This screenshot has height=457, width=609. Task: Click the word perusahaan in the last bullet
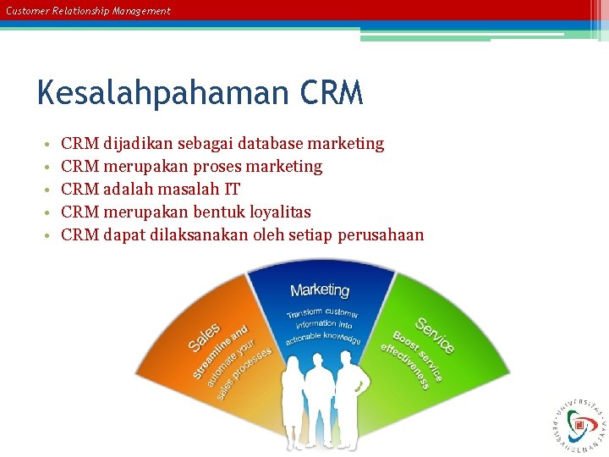pos(381,235)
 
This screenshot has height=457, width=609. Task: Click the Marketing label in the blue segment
pos(320,290)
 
